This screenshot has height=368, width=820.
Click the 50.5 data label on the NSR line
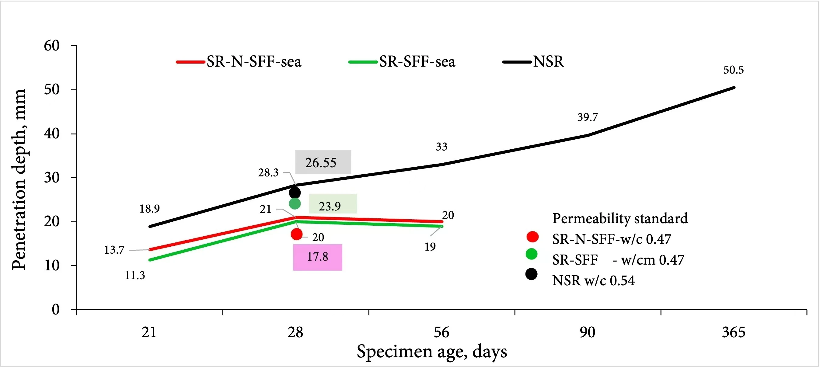733,70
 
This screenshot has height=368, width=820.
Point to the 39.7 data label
587,117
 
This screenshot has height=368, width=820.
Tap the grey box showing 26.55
323,162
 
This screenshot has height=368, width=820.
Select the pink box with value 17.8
317,257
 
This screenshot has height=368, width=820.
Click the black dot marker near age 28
295,193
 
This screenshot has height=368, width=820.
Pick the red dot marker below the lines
296,234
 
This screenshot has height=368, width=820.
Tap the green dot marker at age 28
295,203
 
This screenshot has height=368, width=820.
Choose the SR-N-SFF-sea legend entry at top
239,62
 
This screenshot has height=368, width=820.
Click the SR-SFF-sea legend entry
402,62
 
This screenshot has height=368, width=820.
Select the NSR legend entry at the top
534,62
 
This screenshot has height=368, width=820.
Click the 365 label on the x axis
733,332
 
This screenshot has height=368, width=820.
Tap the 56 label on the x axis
441,332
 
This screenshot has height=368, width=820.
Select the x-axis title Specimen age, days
432,352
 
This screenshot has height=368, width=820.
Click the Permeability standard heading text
620,218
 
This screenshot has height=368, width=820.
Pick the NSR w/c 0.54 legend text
593,280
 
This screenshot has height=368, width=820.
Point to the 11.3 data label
135,276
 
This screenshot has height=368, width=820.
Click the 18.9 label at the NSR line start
149,209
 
